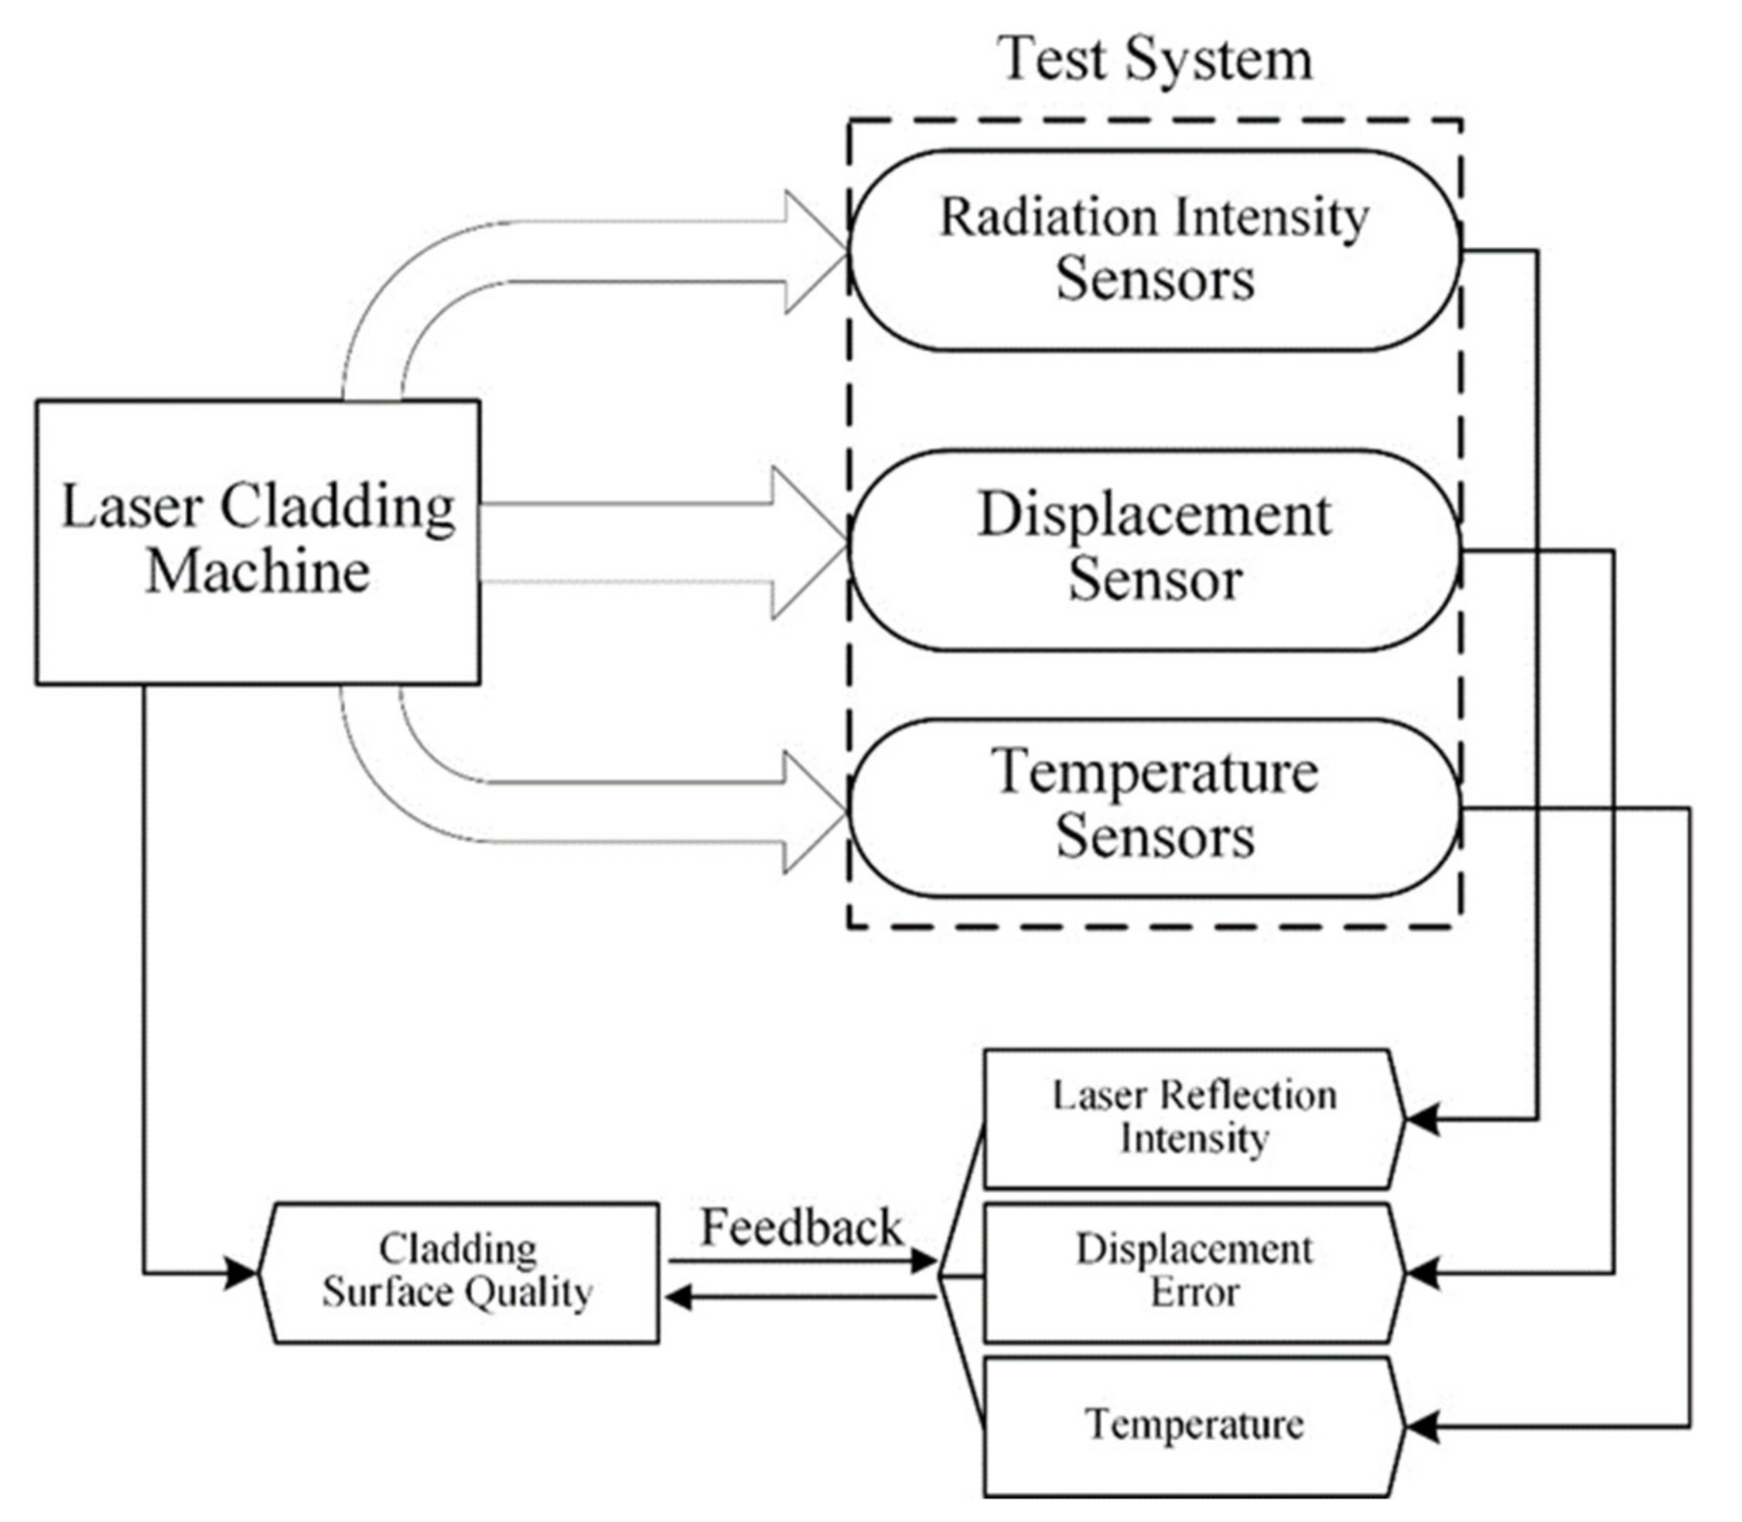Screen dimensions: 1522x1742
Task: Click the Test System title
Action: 1154,60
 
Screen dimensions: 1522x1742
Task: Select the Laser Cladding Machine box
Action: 258,541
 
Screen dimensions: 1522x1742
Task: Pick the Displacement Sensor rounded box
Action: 1154,548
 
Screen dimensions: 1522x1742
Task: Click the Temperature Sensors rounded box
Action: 1154,806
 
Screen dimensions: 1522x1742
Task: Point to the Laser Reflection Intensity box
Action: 1194,1118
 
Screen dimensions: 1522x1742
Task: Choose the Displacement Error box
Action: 1194,1271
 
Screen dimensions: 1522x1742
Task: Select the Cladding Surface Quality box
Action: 459,1271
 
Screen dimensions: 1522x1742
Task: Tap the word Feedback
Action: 800,1227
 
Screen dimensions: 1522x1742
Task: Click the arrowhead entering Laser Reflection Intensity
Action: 1421,1118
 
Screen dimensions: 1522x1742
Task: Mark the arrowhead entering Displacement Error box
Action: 1421,1273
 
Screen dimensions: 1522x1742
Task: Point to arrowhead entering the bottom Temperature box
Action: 1421,1427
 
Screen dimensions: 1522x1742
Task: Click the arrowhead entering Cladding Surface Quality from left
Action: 241,1272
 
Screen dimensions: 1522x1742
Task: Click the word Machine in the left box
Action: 258,572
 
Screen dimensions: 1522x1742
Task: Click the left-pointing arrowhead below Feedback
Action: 678,1297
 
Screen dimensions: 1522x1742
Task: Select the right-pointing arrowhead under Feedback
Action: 924,1261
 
